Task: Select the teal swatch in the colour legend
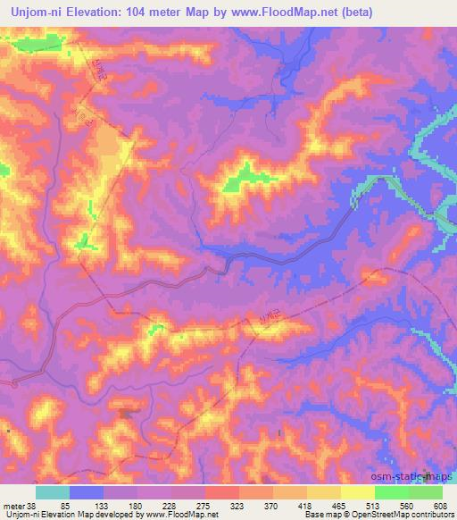(x=52, y=492)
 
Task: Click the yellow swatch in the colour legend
(x=358, y=492)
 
